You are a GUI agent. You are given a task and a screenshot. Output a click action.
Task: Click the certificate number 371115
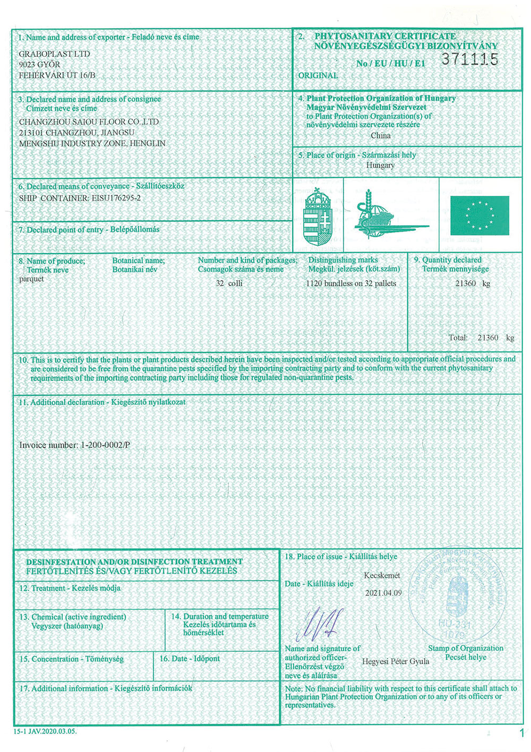point(469,59)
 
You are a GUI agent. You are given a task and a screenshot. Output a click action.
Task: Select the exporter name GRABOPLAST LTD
point(54,54)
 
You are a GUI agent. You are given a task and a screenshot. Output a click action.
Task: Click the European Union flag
point(479,215)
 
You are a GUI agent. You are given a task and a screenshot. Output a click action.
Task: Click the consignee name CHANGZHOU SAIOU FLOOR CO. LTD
point(89,122)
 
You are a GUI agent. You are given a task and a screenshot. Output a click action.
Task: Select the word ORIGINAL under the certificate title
point(318,75)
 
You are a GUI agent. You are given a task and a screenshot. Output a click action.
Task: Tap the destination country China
point(380,135)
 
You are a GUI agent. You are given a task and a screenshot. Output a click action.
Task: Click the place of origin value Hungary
point(380,165)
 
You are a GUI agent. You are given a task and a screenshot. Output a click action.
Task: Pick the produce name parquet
point(31,279)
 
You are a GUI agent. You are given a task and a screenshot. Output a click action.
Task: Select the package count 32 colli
point(229,283)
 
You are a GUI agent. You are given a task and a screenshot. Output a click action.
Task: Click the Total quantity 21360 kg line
point(481,338)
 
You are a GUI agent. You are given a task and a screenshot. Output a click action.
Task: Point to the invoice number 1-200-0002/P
point(74,445)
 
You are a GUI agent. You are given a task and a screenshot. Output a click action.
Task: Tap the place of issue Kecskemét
point(382,575)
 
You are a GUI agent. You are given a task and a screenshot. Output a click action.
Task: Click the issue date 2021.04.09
point(383,593)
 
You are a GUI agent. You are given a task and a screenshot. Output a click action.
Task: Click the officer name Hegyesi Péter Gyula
point(396,661)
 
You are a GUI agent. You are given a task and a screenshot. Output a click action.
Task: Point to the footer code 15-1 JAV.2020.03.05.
point(45,731)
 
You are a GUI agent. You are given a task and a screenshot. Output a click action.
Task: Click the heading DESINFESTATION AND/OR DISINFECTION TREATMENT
point(134,561)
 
